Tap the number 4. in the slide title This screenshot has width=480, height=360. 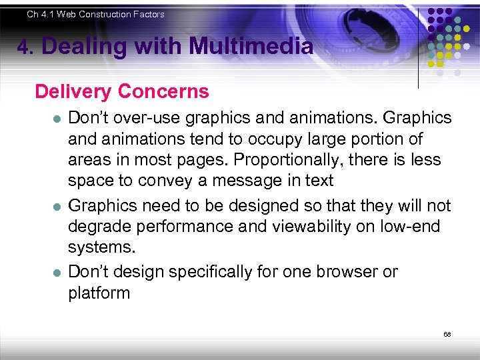coord(25,47)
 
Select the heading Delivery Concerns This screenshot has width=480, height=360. coord(122,91)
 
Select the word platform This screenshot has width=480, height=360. coord(99,293)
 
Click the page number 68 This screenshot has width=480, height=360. coord(447,334)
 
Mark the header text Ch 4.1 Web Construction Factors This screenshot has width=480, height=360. coord(95,14)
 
